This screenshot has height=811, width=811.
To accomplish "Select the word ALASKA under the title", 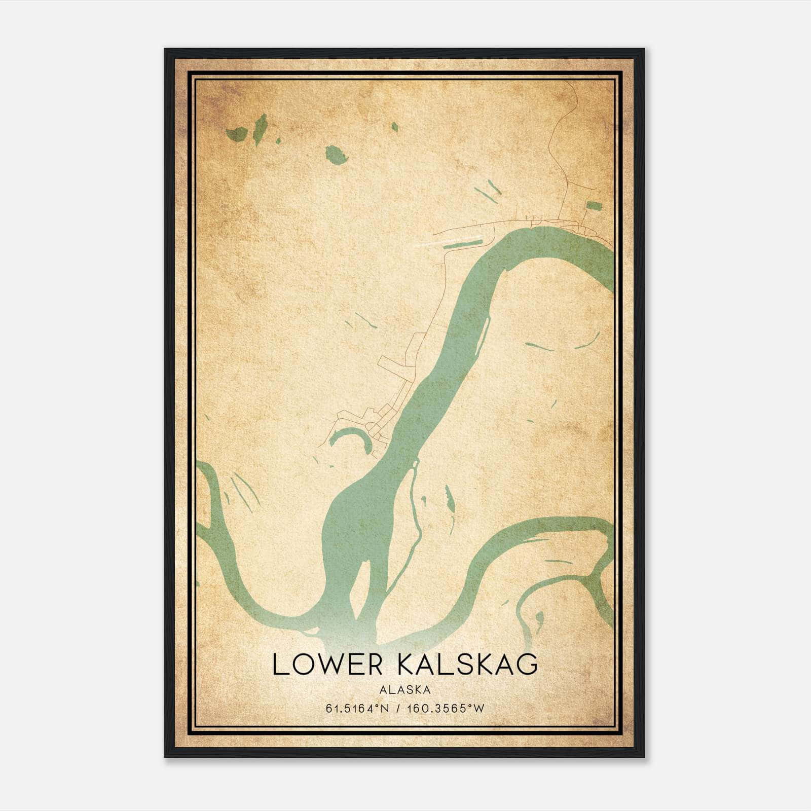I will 404,690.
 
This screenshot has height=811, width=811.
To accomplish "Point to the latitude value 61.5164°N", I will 358,709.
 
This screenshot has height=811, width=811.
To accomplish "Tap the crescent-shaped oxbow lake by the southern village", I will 355,437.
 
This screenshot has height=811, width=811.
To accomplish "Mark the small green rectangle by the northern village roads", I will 593,205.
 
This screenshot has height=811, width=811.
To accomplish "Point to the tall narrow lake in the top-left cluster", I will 261,129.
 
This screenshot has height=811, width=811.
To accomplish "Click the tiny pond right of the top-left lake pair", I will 278,140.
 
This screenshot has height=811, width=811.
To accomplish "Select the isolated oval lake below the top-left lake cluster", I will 336,154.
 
